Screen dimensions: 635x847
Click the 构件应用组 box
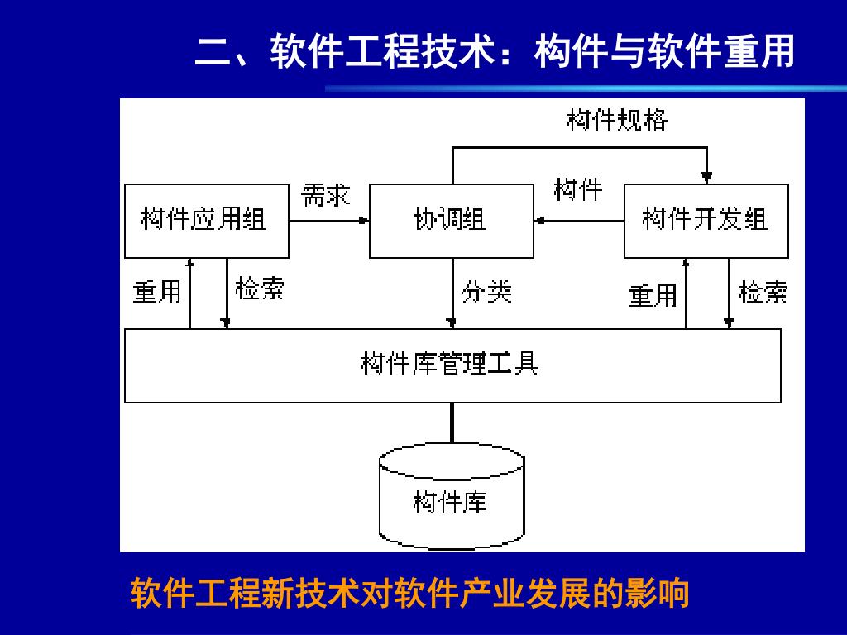coord(206,221)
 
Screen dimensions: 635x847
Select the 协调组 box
coord(451,221)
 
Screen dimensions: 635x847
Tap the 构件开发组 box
coord(706,221)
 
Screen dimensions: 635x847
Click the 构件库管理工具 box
coord(452,365)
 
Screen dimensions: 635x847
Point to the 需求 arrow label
coord(326,195)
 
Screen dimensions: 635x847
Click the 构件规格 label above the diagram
coord(617,121)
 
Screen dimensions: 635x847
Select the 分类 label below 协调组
coord(486,292)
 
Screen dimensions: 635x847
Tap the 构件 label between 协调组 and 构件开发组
coord(577,190)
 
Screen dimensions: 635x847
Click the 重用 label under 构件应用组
coord(157,292)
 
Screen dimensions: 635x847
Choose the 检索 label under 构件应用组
coord(260,289)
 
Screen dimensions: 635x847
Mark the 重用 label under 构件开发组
coord(653,295)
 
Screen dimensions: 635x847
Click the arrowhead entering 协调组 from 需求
coord(363,221)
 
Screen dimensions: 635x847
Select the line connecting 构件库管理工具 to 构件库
coord(452,424)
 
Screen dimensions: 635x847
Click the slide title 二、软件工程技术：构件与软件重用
coord(495,51)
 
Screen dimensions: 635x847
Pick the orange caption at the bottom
coord(410,594)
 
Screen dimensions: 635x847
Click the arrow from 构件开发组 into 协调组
coord(579,221)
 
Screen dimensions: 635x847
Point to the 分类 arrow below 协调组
coord(452,294)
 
